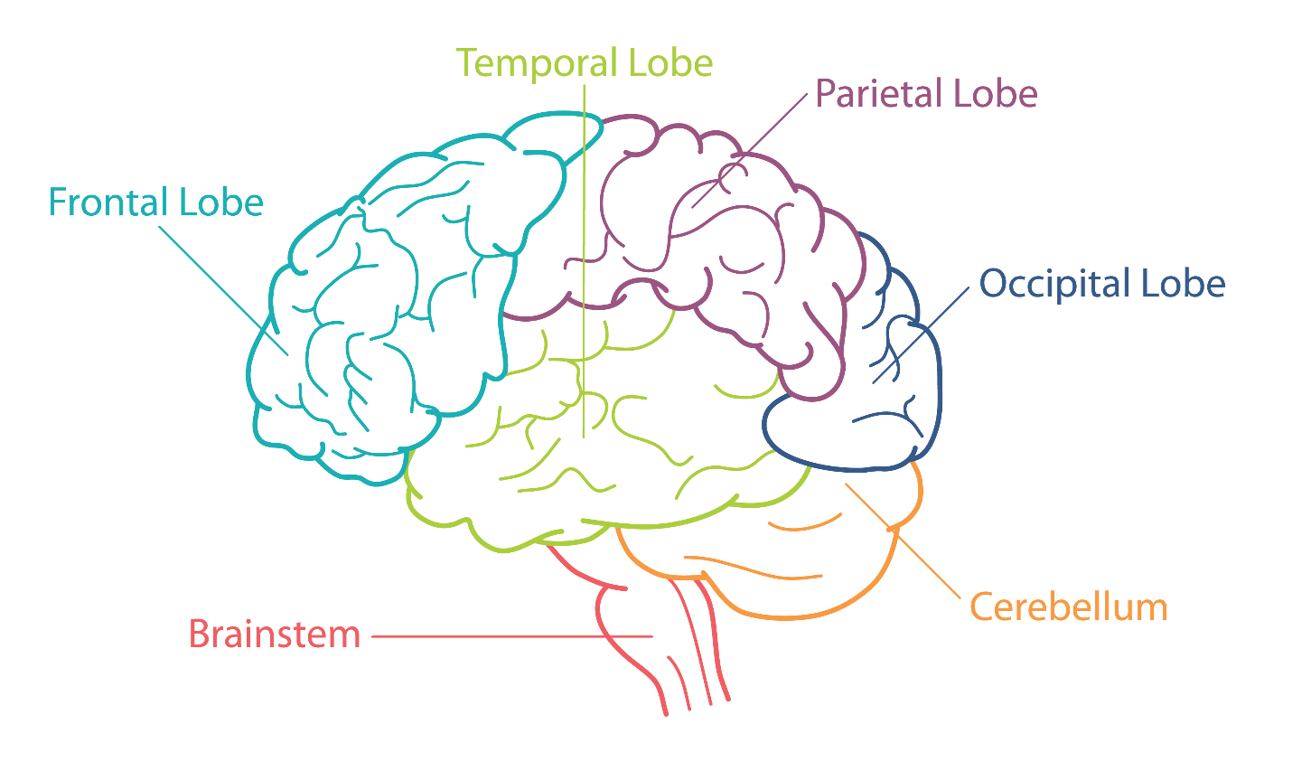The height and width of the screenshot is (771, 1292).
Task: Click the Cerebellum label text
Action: click(x=1069, y=607)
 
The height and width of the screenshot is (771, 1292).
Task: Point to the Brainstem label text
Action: click(x=275, y=635)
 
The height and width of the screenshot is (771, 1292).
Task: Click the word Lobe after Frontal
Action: click(x=221, y=202)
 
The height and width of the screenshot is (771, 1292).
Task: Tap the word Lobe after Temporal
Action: click(x=670, y=63)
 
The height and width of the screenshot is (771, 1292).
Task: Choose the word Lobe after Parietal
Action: click(x=996, y=93)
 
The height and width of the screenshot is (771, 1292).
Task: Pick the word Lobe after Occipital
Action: click(x=1183, y=284)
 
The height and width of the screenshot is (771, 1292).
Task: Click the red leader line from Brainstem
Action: click(x=512, y=636)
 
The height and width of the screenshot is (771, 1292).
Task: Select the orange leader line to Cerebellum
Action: click(x=903, y=541)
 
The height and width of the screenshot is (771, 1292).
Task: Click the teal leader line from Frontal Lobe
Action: click(x=223, y=291)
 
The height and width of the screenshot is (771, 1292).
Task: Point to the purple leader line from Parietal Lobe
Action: click(x=749, y=151)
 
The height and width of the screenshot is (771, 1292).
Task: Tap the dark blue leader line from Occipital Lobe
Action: click(x=921, y=335)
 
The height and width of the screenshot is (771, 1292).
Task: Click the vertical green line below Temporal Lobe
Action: click(x=584, y=261)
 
